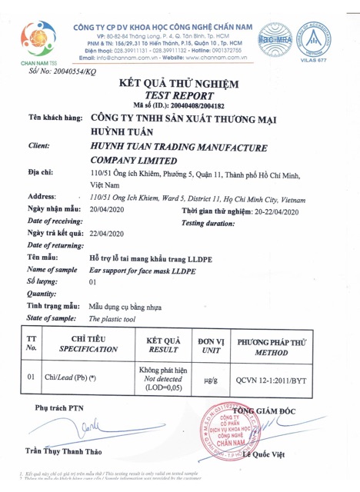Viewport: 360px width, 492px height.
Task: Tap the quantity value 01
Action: (x=94, y=282)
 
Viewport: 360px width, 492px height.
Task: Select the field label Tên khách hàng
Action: (x=55, y=120)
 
